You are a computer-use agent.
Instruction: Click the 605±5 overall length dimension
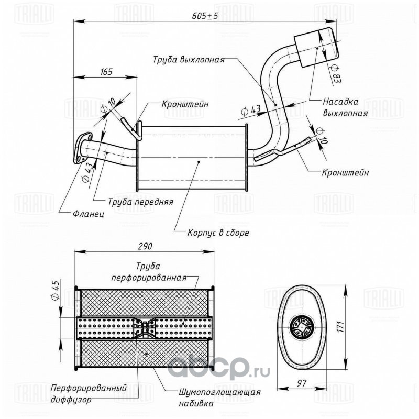(x=205, y=16)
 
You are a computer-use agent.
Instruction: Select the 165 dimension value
(x=106, y=72)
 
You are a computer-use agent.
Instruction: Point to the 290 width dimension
(x=145, y=246)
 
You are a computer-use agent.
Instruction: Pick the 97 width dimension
(x=302, y=383)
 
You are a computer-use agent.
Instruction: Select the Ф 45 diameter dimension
(x=55, y=290)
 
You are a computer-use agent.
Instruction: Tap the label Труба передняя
(x=140, y=202)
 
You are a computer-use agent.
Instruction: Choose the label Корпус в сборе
(x=218, y=233)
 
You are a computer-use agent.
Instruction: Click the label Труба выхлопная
(x=189, y=59)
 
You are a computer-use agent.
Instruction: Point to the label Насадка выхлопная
(x=345, y=107)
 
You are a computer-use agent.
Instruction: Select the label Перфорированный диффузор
(x=89, y=393)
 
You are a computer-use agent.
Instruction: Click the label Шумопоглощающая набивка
(x=219, y=398)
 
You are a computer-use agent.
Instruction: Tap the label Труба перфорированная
(x=149, y=272)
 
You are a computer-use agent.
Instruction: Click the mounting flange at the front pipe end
(x=82, y=148)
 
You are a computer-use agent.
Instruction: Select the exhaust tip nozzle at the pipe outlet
(x=317, y=47)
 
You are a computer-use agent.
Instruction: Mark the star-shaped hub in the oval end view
(x=301, y=326)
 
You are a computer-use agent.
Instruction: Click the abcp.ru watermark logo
(x=218, y=368)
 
